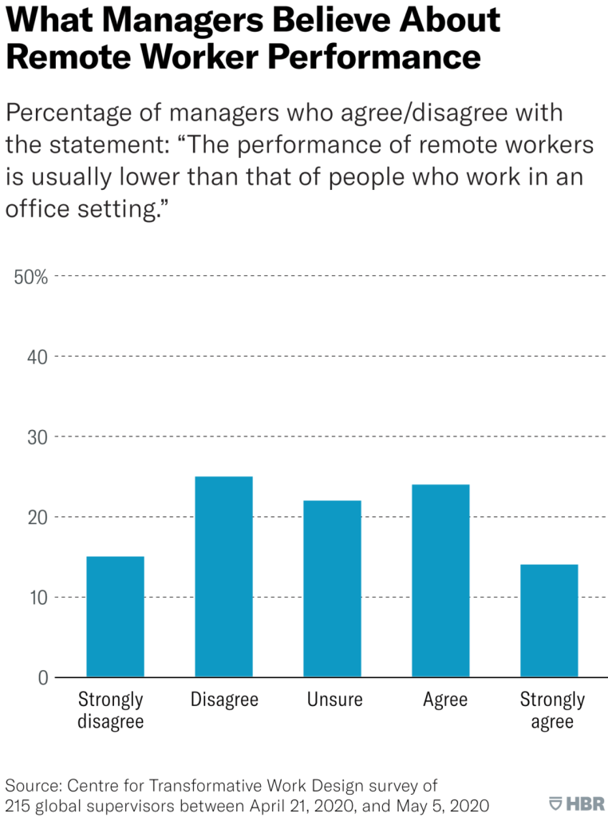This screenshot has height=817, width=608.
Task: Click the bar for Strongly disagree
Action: (115, 617)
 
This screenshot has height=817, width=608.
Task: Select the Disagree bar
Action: (223, 577)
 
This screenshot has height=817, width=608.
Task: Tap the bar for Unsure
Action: (332, 589)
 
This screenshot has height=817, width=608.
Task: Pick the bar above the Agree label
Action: (440, 581)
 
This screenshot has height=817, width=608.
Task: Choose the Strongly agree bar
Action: (549, 621)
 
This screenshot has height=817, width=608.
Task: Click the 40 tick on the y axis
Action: (37, 357)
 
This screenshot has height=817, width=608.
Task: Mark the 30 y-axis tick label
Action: (37, 437)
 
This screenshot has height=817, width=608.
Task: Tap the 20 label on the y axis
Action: (37, 517)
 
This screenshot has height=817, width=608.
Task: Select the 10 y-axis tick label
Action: (37, 598)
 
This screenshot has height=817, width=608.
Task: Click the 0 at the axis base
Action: (42, 678)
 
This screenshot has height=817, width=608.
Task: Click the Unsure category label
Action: (334, 701)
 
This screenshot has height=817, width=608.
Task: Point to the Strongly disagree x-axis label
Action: (111, 711)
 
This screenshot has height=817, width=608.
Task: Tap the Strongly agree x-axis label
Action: (552, 711)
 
